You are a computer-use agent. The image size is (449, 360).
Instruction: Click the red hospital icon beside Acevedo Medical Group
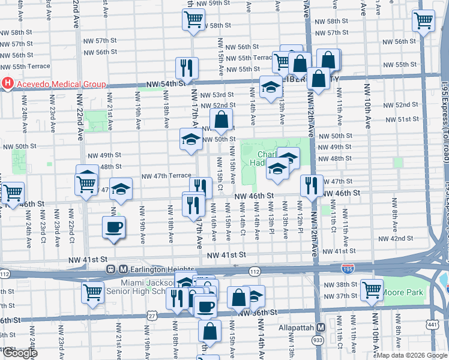click(x=8, y=84)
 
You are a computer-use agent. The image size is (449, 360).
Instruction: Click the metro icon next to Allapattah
click(x=321, y=328)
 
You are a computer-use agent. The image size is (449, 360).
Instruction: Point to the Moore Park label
click(x=403, y=293)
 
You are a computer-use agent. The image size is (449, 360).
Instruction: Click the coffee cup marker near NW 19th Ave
click(x=113, y=227)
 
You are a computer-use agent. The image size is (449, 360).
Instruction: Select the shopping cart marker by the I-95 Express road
click(x=423, y=21)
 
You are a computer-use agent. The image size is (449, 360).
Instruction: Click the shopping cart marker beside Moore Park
click(x=372, y=290)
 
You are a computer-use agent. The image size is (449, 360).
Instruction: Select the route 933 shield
click(x=315, y=339)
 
